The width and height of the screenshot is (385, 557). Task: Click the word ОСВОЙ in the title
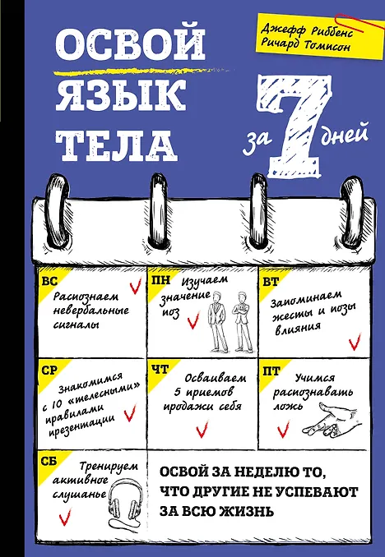pos(130,44)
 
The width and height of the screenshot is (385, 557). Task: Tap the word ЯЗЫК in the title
pos(121,94)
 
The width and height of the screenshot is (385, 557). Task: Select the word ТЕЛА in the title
pos(116,145)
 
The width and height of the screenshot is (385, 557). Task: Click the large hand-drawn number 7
pos(296,127)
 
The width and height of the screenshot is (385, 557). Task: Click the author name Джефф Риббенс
pos(306,30)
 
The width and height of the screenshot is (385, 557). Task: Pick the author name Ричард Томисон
pos(305,45)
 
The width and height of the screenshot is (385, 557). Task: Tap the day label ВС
pos(49,281)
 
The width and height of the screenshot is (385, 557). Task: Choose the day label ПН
pos(161,281)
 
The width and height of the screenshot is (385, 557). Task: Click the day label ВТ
pos(271,282)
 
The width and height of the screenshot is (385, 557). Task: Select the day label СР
pos(49,371)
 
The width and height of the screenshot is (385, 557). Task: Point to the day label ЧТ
pos(160,370)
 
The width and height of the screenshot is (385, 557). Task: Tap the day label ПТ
pos(271,371)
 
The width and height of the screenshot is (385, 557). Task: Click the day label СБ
pos(49,461)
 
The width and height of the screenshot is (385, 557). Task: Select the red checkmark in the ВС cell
pos(136,285)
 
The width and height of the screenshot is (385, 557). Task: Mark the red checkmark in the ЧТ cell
pos(202,429)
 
